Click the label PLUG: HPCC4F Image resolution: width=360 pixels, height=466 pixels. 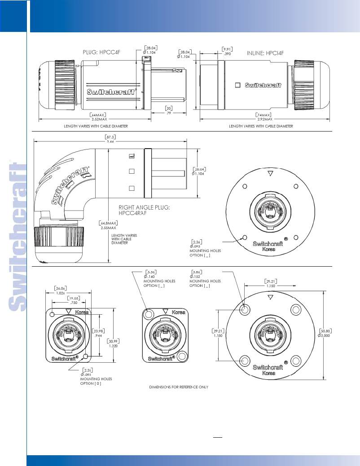(100, 52)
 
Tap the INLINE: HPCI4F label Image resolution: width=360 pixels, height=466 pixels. (265, 53)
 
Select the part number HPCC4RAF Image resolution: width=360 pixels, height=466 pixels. (133, 213)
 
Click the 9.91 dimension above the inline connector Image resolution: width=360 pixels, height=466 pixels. (228, 48)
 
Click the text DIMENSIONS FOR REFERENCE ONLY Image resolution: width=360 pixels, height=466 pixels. (179, 387)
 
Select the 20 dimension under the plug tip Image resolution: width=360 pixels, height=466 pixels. (169, 108)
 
